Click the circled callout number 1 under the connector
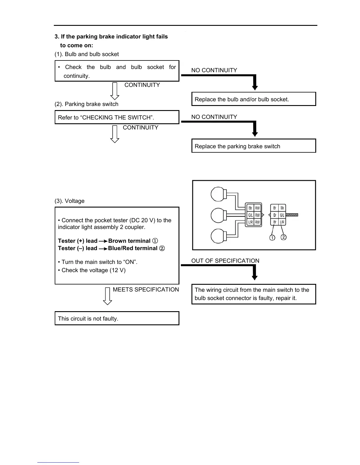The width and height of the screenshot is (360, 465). pyautogui.click(x=272, y=237)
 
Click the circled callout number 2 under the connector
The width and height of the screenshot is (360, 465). pyautogui.click(x=284, y=237)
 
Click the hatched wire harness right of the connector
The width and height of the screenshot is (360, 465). pyautogui.click(x=292, y=215)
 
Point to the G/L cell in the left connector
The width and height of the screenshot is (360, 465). pyautogui.click(x=250, y=215)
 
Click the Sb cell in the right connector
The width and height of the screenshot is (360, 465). pyautogui.click(x=282, y=208)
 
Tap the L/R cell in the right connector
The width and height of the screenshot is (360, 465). pyautogui.click(x=282, y=222)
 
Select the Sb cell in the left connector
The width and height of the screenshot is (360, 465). pyautogui.click(x=250, y=208)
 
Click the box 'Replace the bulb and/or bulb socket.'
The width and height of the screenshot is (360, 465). pyautogui.click(x=254, y=99)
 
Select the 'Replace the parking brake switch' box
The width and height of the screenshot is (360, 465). pyautogui.click(x=254, y=146)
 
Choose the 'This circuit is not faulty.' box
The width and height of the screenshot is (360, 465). pyautogui.click(x=117, y=319)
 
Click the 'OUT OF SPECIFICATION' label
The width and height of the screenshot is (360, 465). pyautogui.click(x=225, y=261)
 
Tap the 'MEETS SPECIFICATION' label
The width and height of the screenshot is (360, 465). pyautogui.click(x=146, y=289)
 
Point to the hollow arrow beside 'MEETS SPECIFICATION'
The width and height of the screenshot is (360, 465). pyautogui.click(x=108, y=296)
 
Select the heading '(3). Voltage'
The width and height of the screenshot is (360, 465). pyautogui.click(x=69, y=201)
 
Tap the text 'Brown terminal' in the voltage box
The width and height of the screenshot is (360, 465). pyautogui.click(x=129, y=241)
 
